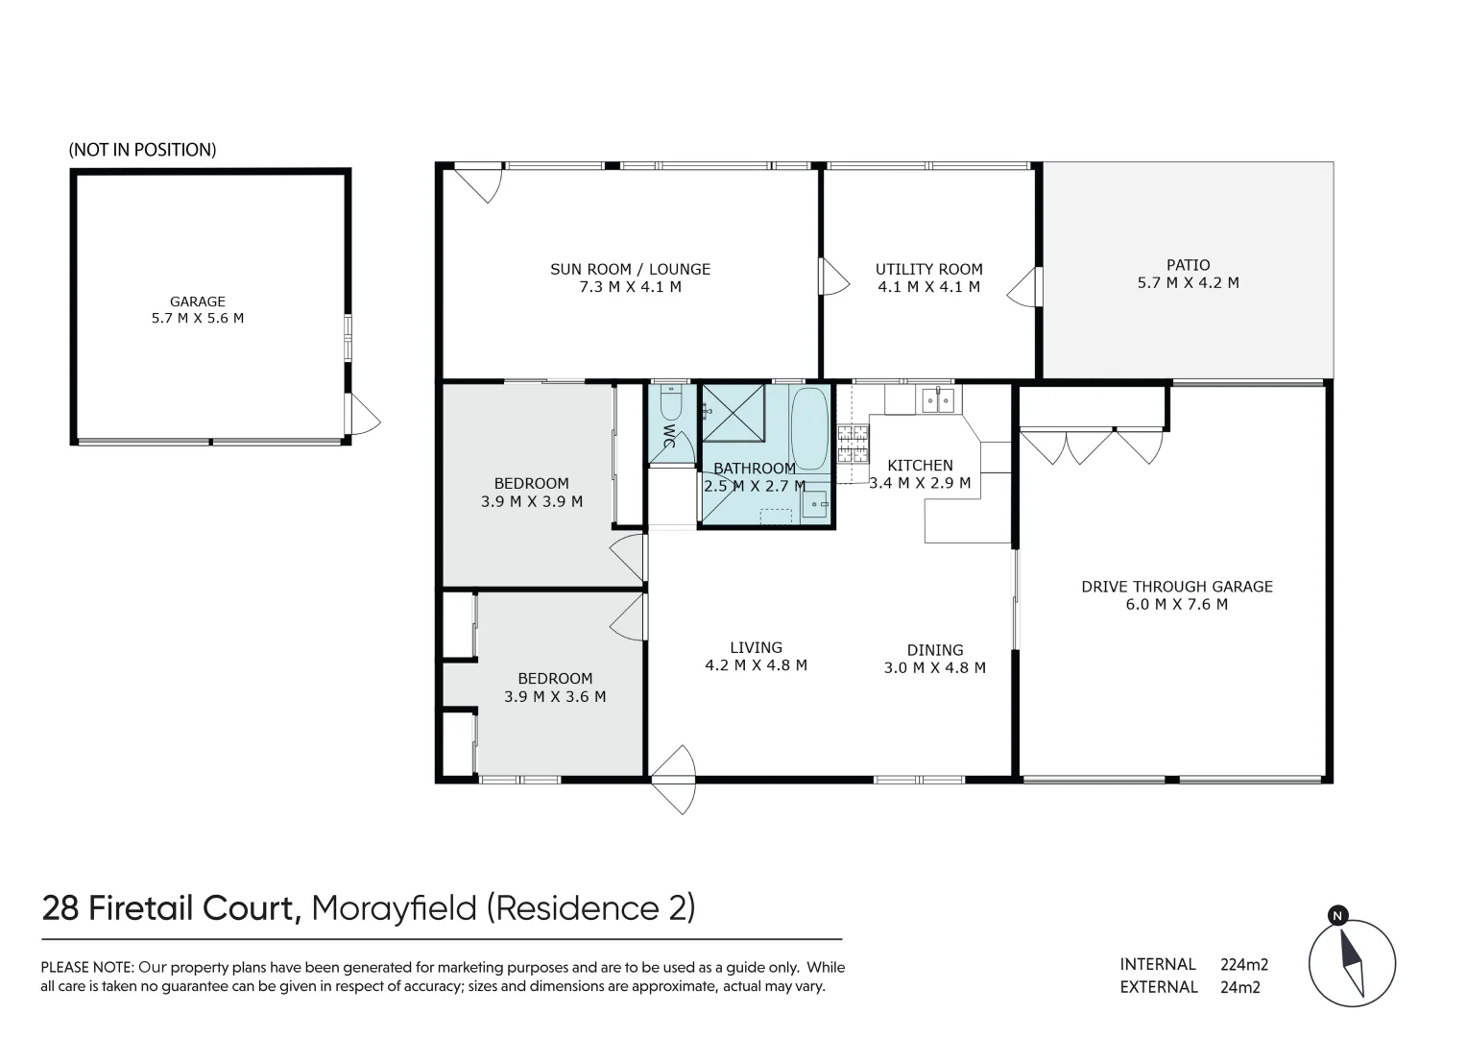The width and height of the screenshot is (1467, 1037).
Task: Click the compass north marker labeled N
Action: [x=1336, y=916]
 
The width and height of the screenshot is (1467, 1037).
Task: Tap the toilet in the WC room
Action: [x=671, y=402]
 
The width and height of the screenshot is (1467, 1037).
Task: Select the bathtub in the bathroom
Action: [x=809, y=428]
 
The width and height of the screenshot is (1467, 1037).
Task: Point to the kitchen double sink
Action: [x=937, y=399]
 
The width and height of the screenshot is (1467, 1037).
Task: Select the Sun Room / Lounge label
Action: [x=630, y=269]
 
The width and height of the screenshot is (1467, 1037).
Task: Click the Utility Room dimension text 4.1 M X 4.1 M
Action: [x=928, y=287]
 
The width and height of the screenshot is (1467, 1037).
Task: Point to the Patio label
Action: [x=1188, y=265]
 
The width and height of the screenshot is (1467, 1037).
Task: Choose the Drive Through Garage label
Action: [x=1176, y=587]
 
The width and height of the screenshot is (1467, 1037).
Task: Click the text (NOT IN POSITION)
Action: [x=142, y=150]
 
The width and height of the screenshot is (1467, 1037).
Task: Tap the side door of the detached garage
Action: [x=362, y=416]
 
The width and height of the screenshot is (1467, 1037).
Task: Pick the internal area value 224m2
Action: [x=1250, y=964]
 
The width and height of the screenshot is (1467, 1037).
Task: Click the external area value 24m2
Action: [x=1239, y=987]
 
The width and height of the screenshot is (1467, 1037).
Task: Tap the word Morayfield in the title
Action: [x=395, y=907]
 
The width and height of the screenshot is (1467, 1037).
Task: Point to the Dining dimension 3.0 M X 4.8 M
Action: [x=934, y=668]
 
